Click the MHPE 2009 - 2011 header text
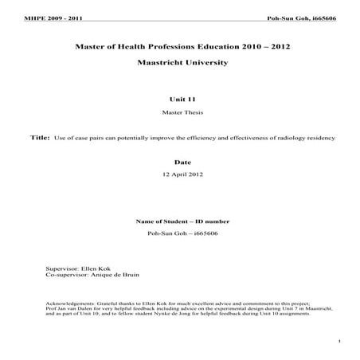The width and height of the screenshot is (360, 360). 40,18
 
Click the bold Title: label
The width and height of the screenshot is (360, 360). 39,138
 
